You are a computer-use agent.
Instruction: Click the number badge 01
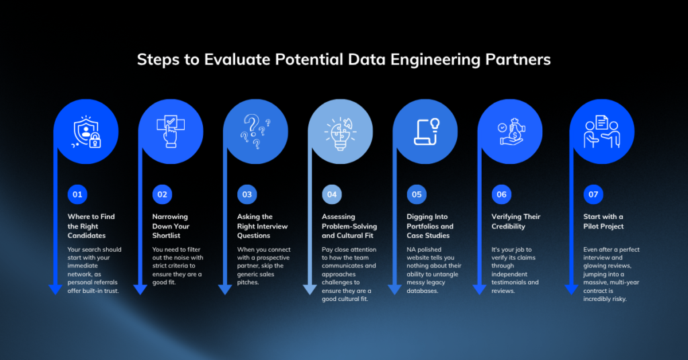[x=77, y=194]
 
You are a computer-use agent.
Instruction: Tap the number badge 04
[x=332, y=194]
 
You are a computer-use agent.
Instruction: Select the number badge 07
[x=593, y=194]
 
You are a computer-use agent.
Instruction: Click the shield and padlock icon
[x=87, y=132]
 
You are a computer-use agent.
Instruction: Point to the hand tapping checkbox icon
[x=171, y=131]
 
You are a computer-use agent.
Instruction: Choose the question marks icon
[x=256, y=131]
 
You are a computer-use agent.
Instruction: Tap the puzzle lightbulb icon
[x=341, y=133]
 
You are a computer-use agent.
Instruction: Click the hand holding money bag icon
[x=511, y=132]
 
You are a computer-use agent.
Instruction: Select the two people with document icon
[x=602, y=132]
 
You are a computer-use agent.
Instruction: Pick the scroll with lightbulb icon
[x=427, y=131]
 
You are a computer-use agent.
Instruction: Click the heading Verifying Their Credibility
[x=515, y=222]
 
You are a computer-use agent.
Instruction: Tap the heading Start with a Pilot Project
[x=603, y=222]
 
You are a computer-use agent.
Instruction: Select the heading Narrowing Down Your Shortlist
[x=171, y=226]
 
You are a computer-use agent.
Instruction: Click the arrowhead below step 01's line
[x=55, y=289]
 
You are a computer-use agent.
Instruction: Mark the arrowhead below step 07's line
[x=571, y=289]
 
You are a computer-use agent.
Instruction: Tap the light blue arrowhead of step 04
[x=310, y=289]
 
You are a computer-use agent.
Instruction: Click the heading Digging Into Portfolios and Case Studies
[x=430, y=226]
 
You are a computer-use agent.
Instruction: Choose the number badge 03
[x=247, y=194]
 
